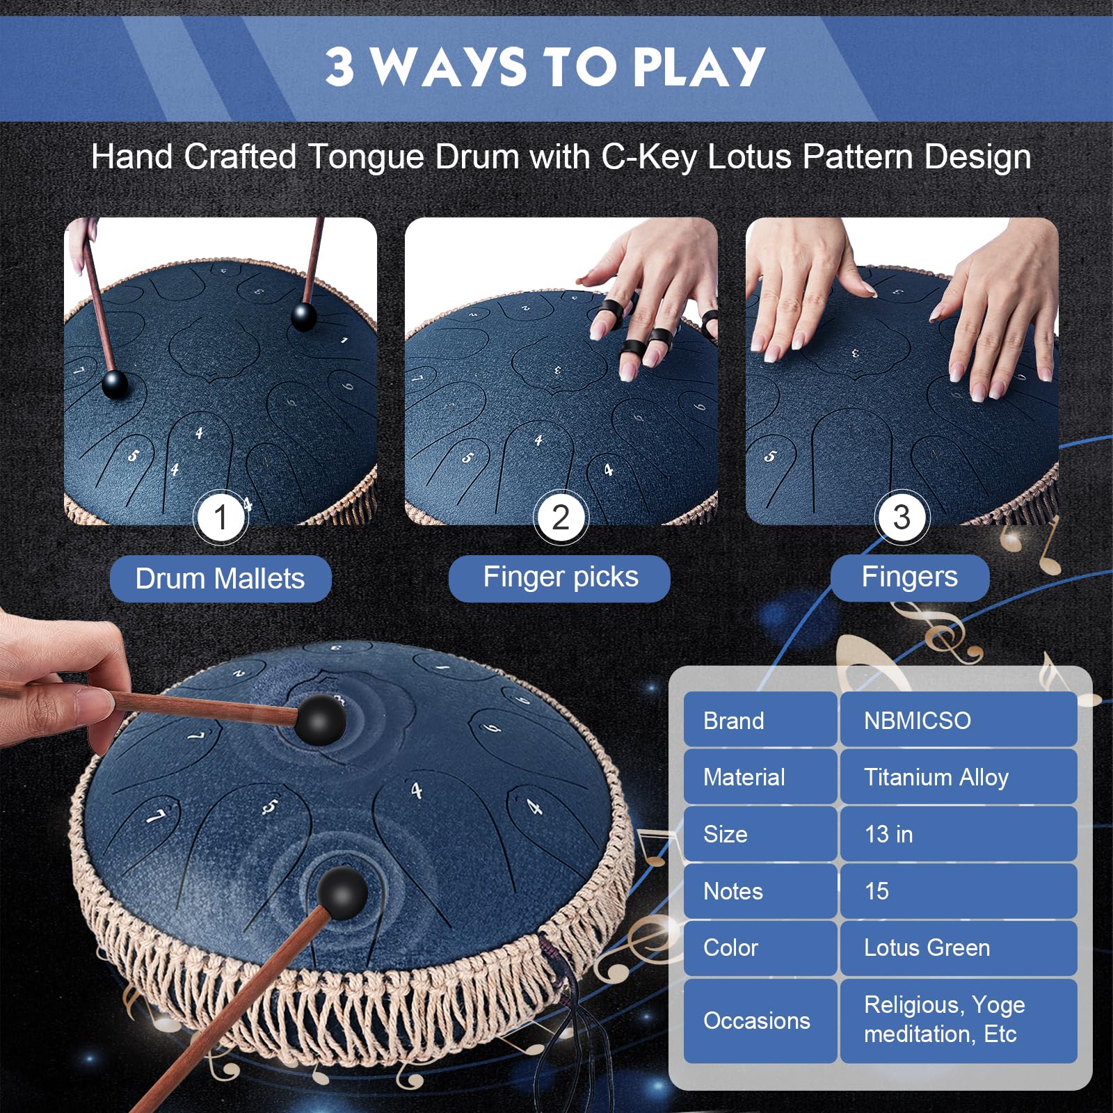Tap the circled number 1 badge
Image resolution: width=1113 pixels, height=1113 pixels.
[221, 518]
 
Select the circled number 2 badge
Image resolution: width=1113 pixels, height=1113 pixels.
[561, 518]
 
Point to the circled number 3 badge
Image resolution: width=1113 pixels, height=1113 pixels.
[902, 518]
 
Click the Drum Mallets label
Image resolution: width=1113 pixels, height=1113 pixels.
[221, 579]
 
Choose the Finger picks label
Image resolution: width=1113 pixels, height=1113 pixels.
[559, 578]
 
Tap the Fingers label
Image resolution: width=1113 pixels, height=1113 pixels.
[910, 577]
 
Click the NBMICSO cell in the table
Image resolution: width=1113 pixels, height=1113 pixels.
[959, 720]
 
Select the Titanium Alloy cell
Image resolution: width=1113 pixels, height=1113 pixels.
[959, 777]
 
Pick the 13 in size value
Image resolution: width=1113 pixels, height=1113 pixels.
[959, 834]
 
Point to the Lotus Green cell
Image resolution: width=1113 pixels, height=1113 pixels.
[959, 948]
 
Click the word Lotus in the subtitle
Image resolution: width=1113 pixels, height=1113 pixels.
[749, 157]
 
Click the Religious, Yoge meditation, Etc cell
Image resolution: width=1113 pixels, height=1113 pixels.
[959, 1020]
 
